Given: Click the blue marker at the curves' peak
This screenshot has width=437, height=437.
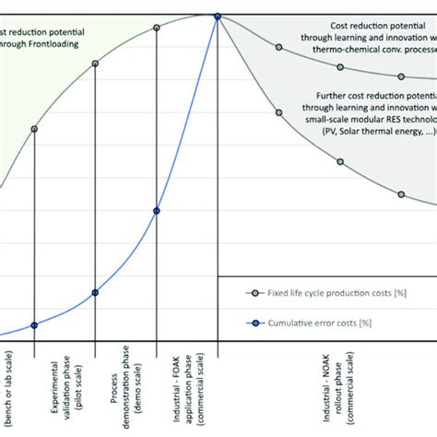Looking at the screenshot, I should pos(218,16).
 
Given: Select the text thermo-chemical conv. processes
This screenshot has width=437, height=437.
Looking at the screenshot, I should pos(372,52).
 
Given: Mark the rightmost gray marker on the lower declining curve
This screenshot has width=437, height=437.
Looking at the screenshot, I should pos(402,194).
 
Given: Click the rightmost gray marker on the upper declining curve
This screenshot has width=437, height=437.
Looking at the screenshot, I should pos(402,79).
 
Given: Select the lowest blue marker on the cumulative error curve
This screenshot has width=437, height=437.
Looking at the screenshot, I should pos(34,325).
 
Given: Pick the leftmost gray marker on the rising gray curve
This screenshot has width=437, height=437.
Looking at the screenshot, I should pos(34,129).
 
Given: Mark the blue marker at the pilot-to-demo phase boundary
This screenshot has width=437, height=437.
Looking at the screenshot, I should pos(95,292).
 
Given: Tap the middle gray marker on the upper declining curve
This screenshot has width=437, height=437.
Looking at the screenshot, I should pos(340,66).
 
